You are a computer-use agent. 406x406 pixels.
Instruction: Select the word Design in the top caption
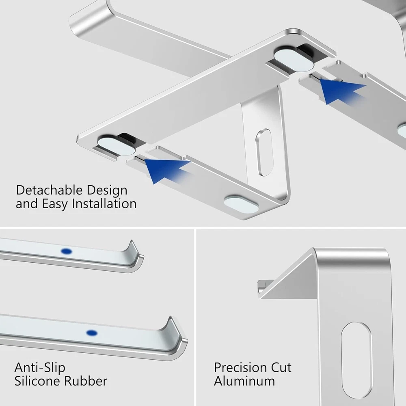point(107,191)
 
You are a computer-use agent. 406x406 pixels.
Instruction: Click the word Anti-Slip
point(40,368)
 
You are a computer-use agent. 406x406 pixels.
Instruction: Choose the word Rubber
point(85,381)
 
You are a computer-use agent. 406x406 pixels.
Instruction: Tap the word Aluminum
point(244,381)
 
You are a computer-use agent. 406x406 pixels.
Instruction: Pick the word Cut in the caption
point(281,368)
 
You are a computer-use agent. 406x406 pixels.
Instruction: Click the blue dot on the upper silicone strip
point(66,251)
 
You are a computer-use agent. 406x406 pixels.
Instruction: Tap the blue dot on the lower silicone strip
point(92,333)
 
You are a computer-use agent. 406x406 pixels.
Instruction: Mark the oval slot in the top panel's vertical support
point(265,152)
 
